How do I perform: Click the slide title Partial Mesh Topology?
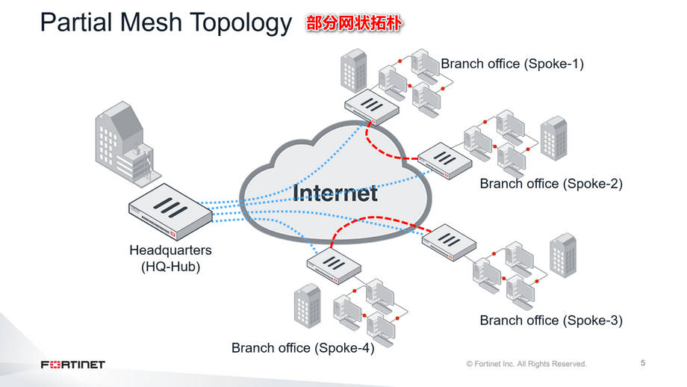click(x=165, y=23)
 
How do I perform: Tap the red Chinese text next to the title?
click(x=354, y=24)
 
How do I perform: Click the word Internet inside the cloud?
click(x=335, y=192)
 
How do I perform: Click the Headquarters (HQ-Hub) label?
click(x=170, y=258)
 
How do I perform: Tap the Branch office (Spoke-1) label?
click(x=512, y=64)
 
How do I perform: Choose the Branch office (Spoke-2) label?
click(x=550, y=183)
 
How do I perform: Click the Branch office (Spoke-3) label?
click(x=550, y=321)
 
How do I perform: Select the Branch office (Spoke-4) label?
click(x=302, y=347)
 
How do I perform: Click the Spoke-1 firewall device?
click(x=371, y=105)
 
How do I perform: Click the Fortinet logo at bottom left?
click(x=72, y=364)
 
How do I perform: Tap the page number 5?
click(x=643, y=363)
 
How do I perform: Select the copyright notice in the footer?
click(x=526, y=364)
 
